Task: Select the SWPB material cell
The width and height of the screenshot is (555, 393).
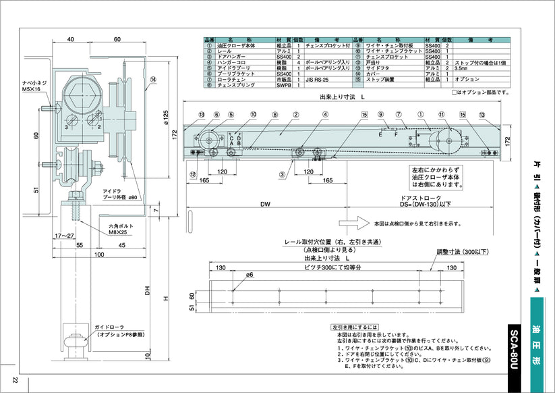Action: coord(284,86)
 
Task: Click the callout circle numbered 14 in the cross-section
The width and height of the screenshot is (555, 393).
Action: coord(153,79)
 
